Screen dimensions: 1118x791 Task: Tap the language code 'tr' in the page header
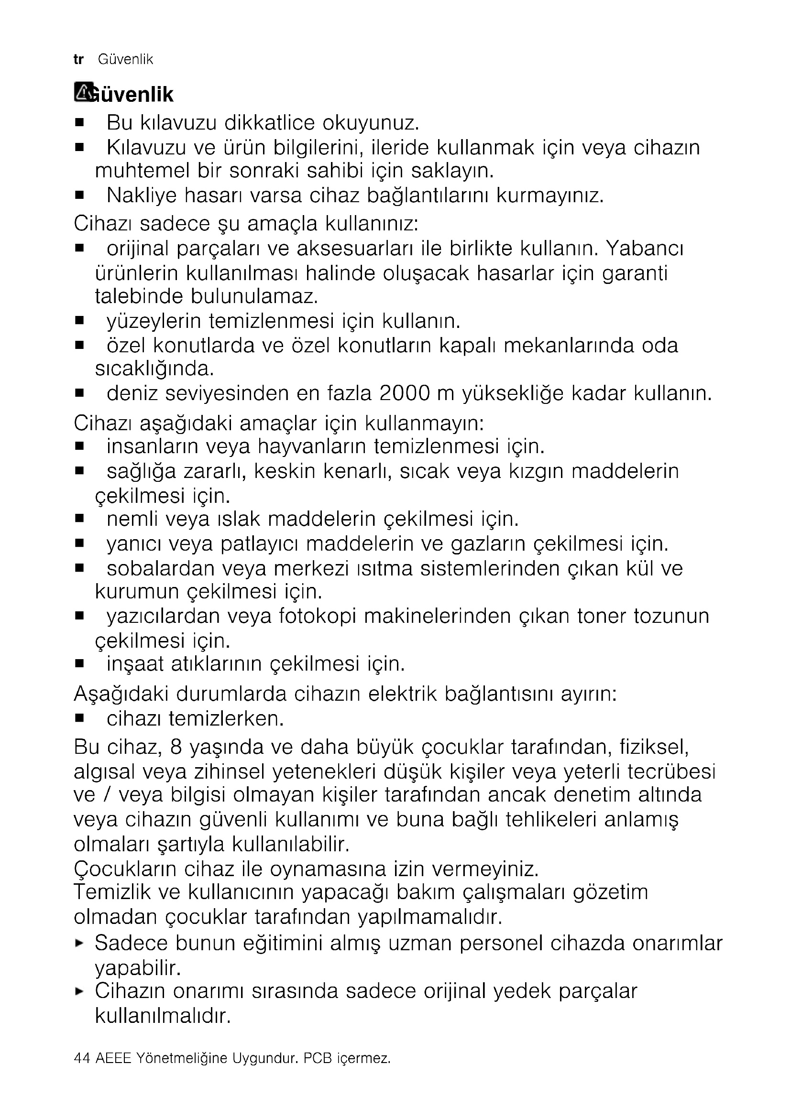tap(78, 60)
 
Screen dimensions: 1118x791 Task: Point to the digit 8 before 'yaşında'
tap(176, 747)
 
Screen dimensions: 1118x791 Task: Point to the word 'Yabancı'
tap(645, 249)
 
